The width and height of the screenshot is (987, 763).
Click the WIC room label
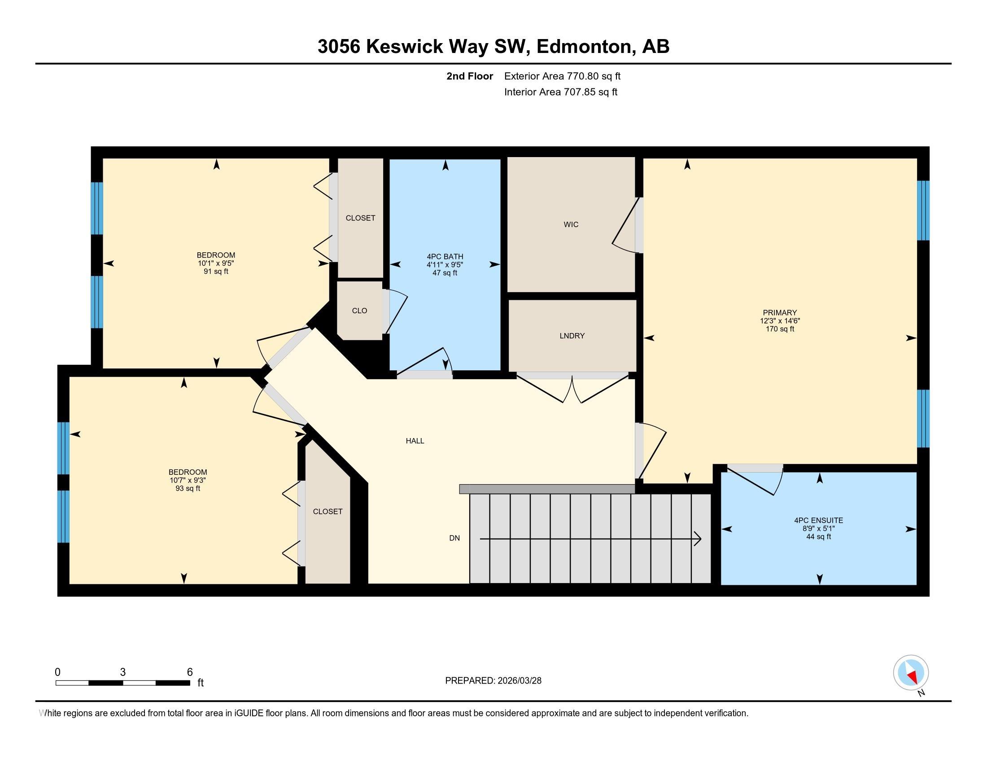[571, 225]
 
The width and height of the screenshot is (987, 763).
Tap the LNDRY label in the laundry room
[572, 336]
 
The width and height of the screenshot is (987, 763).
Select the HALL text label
[415, 441]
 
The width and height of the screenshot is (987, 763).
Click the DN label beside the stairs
[454, 538]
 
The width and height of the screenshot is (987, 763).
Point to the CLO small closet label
[359, 311]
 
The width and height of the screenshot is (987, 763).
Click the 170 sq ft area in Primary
[780, 329]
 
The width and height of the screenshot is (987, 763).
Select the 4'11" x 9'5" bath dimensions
[445, 265]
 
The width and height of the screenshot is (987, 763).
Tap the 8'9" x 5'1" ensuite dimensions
[818, 528]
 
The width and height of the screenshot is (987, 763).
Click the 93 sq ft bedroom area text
[188, 489]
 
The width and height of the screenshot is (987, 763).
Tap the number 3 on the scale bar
[122, 672]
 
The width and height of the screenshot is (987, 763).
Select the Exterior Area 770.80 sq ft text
[562, 76]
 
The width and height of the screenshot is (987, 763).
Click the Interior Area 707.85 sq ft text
[560, 92]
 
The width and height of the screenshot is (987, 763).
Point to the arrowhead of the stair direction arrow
[698, 539]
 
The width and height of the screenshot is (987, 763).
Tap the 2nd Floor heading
[469, 76]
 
